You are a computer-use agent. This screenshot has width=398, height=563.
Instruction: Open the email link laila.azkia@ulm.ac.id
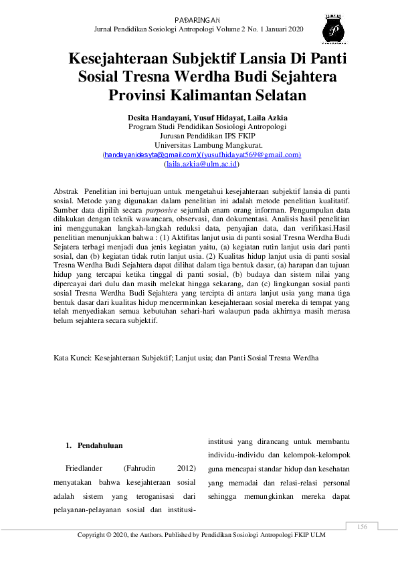coord(202,164)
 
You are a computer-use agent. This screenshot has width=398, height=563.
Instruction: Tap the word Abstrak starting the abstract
coord(66,191)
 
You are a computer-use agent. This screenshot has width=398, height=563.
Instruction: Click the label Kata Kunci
coord(72,358)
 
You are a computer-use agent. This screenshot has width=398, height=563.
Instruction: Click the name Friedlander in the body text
coord(84,468)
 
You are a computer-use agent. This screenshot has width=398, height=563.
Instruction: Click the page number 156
coord(363,527)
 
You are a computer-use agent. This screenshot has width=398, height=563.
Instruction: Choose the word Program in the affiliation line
coord(144,126)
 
